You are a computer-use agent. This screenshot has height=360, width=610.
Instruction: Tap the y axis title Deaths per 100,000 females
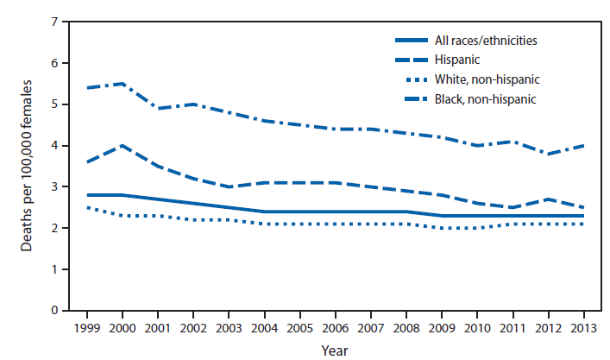tap(28, 166)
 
